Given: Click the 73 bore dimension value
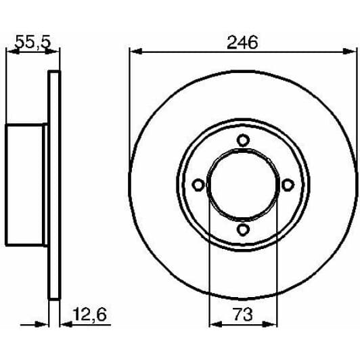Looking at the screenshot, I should tap(243, 315).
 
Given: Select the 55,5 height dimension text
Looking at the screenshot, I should tap(33, 42).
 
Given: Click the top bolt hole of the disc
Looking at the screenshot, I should tap(243, 140).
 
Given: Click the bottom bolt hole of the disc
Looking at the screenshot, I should tap(243, 230).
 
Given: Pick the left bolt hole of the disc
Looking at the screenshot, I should tap(198, 185).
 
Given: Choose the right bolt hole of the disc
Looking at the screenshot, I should tap(288, 185).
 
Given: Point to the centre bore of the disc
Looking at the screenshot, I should tap(243, 185).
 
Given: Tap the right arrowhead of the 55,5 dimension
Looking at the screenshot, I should tap(55, 51).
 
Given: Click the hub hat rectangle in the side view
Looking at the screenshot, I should tap(26, 185).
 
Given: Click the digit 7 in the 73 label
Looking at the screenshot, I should tap(238, 315).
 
